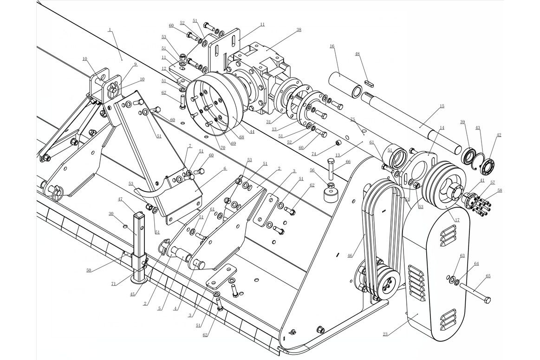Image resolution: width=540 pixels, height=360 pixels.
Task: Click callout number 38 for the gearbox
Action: coord(299,29)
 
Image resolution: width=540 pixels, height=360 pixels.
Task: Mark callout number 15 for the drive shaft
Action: coord(442,106)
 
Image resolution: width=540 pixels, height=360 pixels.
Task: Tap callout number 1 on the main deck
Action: coord(110,30)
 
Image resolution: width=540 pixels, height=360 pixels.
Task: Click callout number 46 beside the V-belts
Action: coord(350,255)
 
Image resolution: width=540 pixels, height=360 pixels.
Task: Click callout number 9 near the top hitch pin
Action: coord(135,64)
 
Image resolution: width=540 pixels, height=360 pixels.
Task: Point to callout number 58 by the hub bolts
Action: coord(499,190)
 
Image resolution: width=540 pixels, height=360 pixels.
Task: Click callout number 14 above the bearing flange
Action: coord(442,127)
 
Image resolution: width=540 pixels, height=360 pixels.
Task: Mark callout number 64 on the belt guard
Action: coord(476,263)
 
